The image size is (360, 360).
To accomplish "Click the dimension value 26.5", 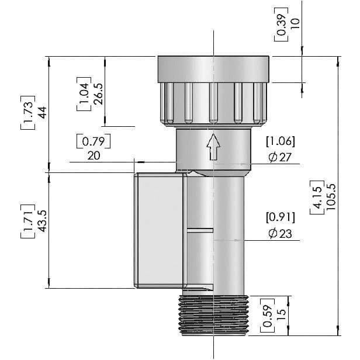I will point(98,94).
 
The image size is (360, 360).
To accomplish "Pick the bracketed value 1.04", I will point(84,94).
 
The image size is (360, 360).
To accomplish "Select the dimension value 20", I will point(93,155).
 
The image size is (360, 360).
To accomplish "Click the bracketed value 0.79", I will point(93,141).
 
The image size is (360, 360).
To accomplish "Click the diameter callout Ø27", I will point(280,157).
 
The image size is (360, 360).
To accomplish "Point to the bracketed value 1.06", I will point(281,141).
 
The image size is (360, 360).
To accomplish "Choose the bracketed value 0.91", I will point(281,217).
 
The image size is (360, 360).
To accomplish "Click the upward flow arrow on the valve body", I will point(213,146).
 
